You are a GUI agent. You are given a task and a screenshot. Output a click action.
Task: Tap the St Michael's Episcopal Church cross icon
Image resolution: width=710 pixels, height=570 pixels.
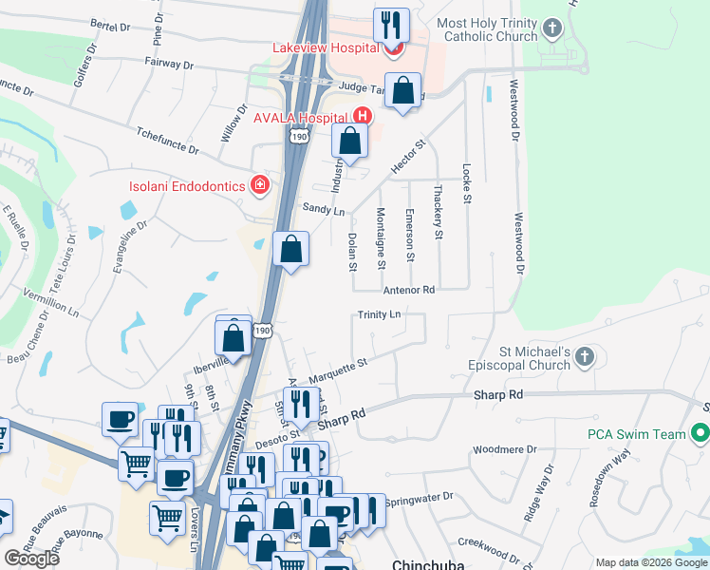[x=585, y=357]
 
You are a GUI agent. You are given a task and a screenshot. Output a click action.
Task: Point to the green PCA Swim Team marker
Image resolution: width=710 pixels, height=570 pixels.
[x=701, y=434]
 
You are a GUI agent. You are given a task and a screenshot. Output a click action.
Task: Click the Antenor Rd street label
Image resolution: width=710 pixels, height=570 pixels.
[x=408, y=289]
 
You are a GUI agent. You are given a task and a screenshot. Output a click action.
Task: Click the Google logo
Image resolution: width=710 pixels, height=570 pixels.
[x=30, y=558]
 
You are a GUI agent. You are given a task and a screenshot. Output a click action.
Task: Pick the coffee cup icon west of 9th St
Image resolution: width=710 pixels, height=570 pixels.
[x=121, y=418]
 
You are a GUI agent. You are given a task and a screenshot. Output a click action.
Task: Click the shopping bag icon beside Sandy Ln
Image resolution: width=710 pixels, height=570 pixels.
[x=291, y=250]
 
